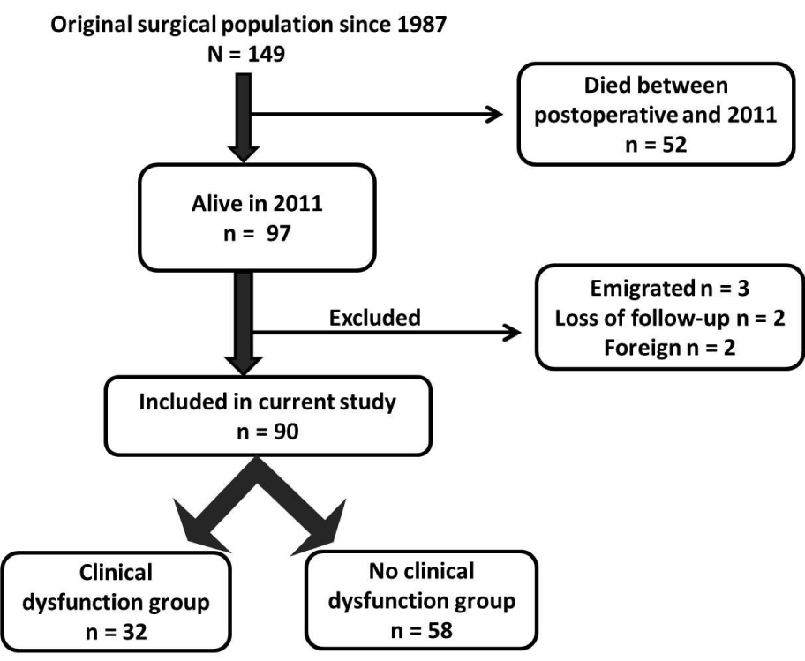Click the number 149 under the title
(x=266, y=54)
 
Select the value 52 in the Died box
(x=674, y=144)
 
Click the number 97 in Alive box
(x=278, y=234)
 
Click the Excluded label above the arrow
(x=375, y=318)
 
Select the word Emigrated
(x=642, y=289)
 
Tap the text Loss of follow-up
(x=642, y=319)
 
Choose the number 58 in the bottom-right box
(x=440, y=631)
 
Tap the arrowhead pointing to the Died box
(x=494, y=115)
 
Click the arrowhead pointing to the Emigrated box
(x=512, y=333)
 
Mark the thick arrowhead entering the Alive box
(x=244, y=154)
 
